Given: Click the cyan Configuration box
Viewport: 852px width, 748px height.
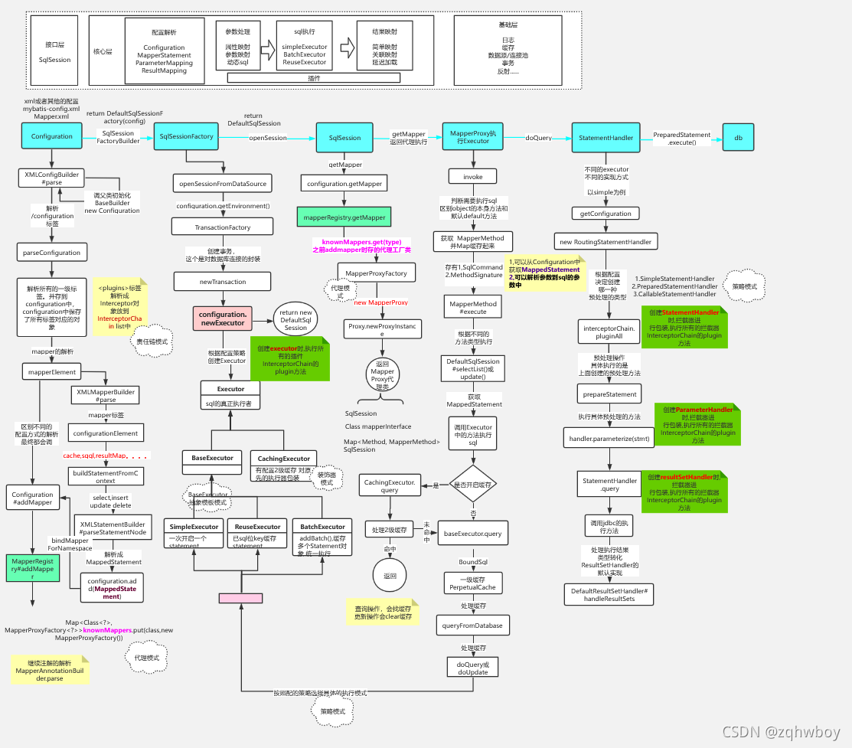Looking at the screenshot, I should pos(52,136).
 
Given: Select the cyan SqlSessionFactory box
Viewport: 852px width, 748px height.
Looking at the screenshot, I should pos(187,136).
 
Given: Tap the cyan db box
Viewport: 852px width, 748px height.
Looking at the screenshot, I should pos(738,137).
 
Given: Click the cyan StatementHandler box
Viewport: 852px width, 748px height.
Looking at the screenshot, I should pos(606,137).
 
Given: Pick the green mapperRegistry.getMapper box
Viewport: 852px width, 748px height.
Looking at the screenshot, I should pos(344,217).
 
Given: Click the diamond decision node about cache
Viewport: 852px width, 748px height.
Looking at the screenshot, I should pos(472,485).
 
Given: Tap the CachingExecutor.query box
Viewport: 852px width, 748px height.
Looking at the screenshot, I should pos(390,485).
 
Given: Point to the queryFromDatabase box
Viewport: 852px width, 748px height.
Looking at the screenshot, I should pos(472,626).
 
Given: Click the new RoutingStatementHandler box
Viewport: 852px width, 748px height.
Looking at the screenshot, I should pos(606,242).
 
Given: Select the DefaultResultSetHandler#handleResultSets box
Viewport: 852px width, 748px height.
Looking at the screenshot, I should pos(609,593).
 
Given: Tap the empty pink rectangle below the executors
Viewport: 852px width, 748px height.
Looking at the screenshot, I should pos(240,598).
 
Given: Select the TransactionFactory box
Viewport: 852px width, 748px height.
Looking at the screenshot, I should pos(223,227).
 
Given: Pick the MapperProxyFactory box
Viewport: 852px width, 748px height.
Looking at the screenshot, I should pos(377,273).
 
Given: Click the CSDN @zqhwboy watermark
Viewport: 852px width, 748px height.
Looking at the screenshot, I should pos(781,731).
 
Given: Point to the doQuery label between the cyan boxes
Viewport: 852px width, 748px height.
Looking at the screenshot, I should pos(539,138).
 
